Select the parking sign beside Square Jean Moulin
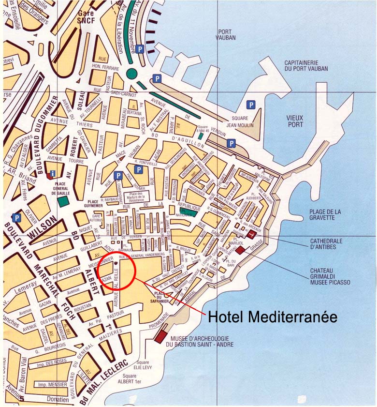(250, 104)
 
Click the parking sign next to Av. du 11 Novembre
(139, 49)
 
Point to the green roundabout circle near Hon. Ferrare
(131, 74)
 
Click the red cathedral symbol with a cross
(251, 234)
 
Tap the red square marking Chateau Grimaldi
(241, 250)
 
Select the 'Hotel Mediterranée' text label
(272, 317)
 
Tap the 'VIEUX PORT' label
(294, 121)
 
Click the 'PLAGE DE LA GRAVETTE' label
(325, 214)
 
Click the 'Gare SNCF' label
(85, 17)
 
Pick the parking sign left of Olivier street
(17, 218)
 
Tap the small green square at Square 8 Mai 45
(200, 136)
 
